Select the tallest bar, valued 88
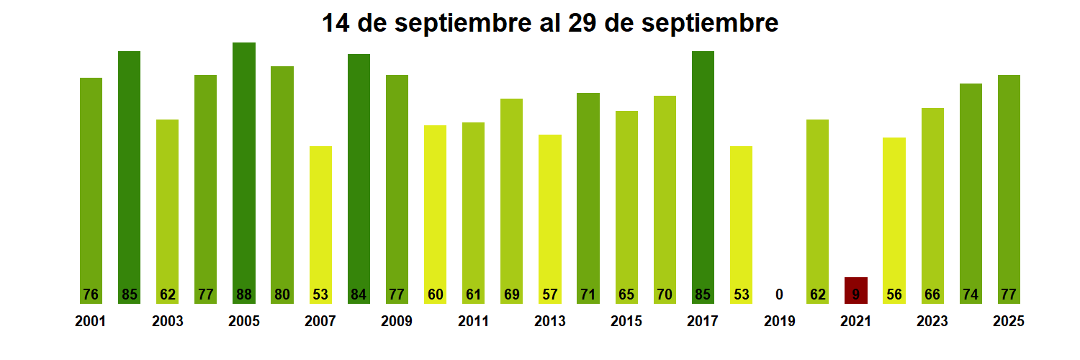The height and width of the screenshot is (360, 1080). click(244, 173)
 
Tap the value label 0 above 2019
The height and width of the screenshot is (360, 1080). click(779, 294)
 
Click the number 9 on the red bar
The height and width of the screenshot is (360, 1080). click(855, 294)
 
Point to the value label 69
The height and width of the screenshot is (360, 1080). click(511, 294)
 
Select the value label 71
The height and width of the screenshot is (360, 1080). click(588, 294)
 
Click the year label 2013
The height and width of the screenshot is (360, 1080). click(550, 321)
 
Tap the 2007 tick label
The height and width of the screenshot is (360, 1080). click(320, 321)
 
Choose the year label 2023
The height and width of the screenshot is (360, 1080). click(932, 321)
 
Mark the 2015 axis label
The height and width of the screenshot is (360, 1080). click(626, 321)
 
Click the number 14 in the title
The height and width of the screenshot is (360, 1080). click(336, 23)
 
